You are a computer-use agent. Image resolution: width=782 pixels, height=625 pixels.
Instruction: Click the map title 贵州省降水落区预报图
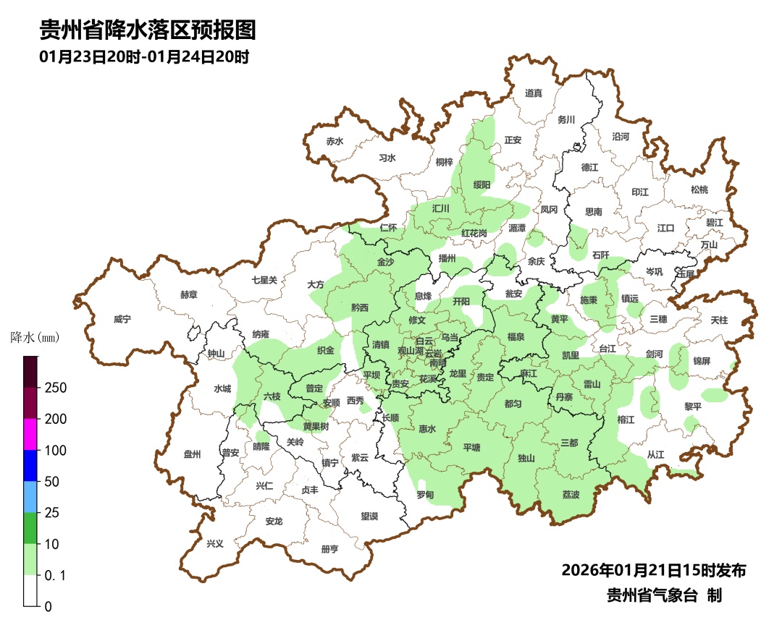[x=148, y=30]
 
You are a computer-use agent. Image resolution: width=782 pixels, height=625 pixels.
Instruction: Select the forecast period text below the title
[x=144, y=57]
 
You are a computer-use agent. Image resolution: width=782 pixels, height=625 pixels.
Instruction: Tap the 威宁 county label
[x=123, y=319]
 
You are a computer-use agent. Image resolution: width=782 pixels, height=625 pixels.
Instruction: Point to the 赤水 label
[x=334, y=141]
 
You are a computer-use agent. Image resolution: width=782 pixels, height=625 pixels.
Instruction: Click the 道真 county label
[x=534, y=93]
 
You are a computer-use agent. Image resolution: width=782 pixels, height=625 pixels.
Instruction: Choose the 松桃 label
[x=699, y=190]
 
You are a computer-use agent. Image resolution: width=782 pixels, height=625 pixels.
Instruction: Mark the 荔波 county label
[x=571, y=495]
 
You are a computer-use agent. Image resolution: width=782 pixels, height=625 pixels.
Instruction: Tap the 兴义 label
[x=215, y=544]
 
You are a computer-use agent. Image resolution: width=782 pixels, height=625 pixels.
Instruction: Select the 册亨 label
[x=329, y=549]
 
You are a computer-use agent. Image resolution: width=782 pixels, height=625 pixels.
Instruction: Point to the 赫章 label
[x=188, y=294]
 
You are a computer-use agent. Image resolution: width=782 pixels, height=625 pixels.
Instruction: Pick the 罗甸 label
[x=425, y=495]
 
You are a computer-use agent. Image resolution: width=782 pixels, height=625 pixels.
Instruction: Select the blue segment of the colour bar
[x=30, y=465]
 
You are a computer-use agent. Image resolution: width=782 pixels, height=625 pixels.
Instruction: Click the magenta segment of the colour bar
[x=30, y=434]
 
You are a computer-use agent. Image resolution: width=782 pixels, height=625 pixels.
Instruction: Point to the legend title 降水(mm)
[x=34, y=338]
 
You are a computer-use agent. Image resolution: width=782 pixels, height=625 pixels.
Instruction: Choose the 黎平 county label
[x=693, y=407]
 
